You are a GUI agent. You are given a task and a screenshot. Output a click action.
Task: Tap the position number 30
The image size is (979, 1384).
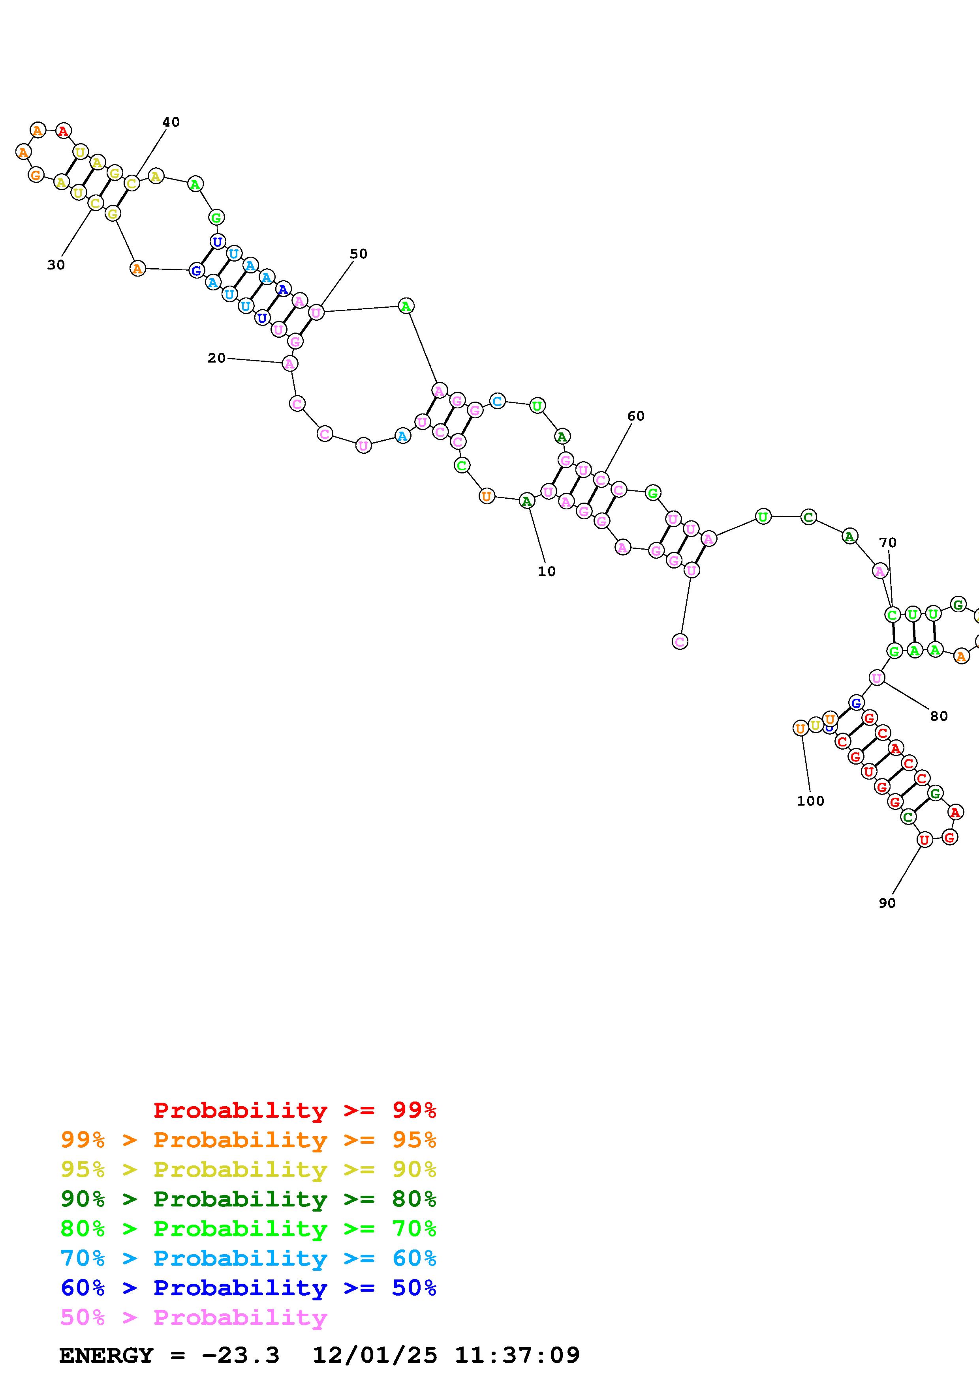56,265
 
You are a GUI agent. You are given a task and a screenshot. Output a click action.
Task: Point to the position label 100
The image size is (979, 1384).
810,801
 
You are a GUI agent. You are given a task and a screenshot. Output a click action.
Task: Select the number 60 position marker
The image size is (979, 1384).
636,416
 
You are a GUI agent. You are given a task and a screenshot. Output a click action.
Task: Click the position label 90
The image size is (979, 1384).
887,903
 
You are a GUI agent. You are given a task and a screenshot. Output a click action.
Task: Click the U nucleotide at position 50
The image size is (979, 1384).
316,312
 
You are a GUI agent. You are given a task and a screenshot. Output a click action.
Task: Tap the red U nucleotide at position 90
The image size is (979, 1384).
924,839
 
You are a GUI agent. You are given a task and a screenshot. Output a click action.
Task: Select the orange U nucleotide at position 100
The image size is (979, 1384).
800,728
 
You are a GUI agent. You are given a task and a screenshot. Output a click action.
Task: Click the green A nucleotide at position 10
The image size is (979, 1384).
526,501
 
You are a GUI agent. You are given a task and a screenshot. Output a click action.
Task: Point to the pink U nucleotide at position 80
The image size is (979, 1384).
876,678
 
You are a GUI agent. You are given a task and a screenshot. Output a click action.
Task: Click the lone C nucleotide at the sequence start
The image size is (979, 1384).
680,642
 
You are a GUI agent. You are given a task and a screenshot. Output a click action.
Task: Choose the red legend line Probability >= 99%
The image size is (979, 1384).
295,1110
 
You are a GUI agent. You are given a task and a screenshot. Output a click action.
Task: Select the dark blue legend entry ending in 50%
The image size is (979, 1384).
248,1288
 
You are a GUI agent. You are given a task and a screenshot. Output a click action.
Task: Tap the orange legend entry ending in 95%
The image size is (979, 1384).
248,1140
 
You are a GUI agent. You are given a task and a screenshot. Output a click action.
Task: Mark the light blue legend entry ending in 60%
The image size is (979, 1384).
248,1259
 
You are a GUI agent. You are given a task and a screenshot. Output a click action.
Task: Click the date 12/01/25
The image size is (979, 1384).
375,1356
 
